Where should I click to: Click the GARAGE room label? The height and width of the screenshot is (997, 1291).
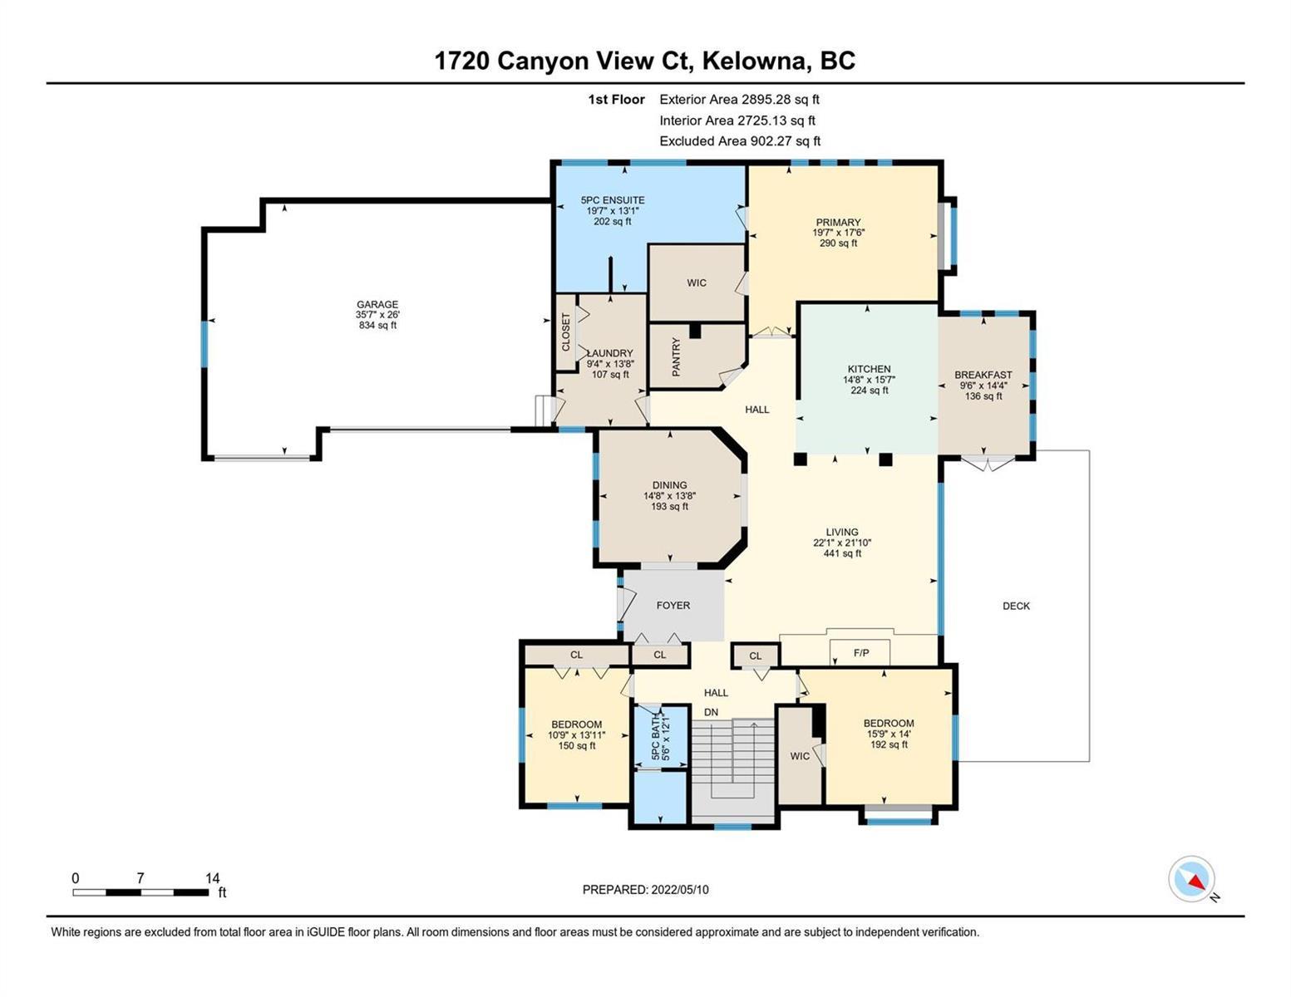[377, 305]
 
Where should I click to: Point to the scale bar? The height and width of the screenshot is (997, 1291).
[140, 892]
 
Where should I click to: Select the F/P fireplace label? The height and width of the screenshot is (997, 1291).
[861, 652]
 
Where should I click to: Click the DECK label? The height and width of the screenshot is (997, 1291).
[1016, 606]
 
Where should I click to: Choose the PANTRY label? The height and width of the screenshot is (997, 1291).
[676, 356]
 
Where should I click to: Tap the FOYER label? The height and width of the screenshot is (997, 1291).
[673, 605]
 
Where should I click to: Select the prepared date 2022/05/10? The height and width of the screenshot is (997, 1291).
[680, 890]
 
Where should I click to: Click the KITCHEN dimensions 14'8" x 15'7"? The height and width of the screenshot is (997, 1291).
[870, 380]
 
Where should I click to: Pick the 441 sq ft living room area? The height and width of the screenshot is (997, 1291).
[842, 553]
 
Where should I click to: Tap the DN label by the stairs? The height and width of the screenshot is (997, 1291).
[711, 712]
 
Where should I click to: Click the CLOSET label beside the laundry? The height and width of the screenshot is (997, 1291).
[565, 332]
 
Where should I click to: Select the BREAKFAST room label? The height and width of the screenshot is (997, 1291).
[983, 375]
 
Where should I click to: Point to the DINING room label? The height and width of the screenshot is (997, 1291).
[669, 485]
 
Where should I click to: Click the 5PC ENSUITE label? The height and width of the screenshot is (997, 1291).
[613, 200]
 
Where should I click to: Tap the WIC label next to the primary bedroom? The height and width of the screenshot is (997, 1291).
[697, 282]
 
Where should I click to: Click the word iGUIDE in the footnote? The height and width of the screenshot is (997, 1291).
[327, 932]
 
